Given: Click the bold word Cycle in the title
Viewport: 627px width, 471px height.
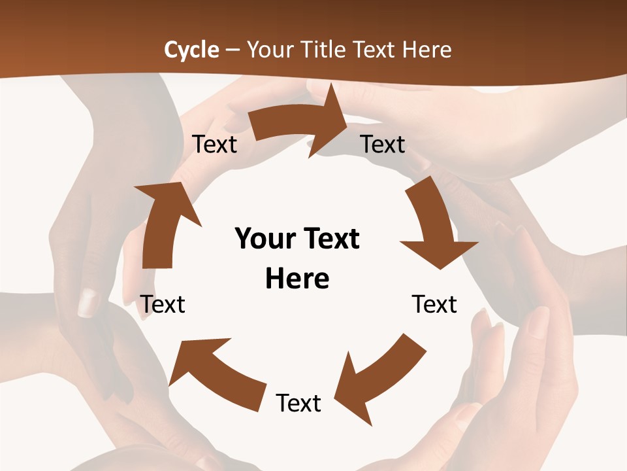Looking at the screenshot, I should [x=191, y=50].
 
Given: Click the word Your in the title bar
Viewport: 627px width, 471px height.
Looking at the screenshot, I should [x=270, y=50].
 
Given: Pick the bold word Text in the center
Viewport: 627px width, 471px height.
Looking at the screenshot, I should [x=330, y=239].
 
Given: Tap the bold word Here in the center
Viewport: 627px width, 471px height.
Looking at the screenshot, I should [x=297, y=279].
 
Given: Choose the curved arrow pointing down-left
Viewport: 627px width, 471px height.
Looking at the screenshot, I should [x=376, y=376].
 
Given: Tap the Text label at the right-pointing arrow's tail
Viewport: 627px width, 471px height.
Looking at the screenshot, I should [x=215, y=144].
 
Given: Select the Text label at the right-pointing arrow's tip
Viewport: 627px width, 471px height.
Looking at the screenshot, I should [x=383, y=144].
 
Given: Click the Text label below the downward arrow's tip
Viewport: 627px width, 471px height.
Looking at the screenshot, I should [x=434, y=304].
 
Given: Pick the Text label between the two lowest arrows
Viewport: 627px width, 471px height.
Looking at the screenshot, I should [x=298, y=403].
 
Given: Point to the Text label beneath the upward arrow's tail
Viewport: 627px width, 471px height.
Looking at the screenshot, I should [x=163, y=304].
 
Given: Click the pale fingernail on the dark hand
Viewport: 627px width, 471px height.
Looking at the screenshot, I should [x=88, y=302].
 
